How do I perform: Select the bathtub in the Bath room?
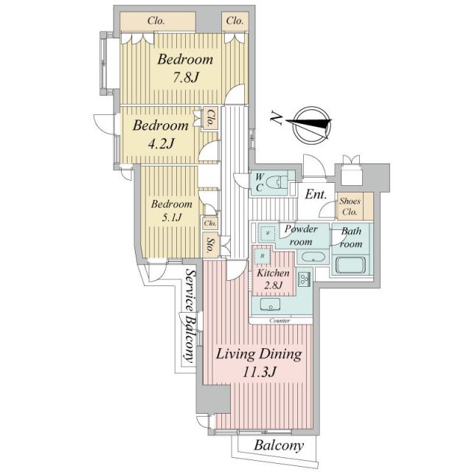pyautogui.click(x=350, y=265)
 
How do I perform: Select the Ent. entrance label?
pyautogui.click(x=316, y=195)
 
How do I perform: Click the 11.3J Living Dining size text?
pyautogui.click(x=258, y=372)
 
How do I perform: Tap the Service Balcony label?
pyautogui.click(x=191, y=316)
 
